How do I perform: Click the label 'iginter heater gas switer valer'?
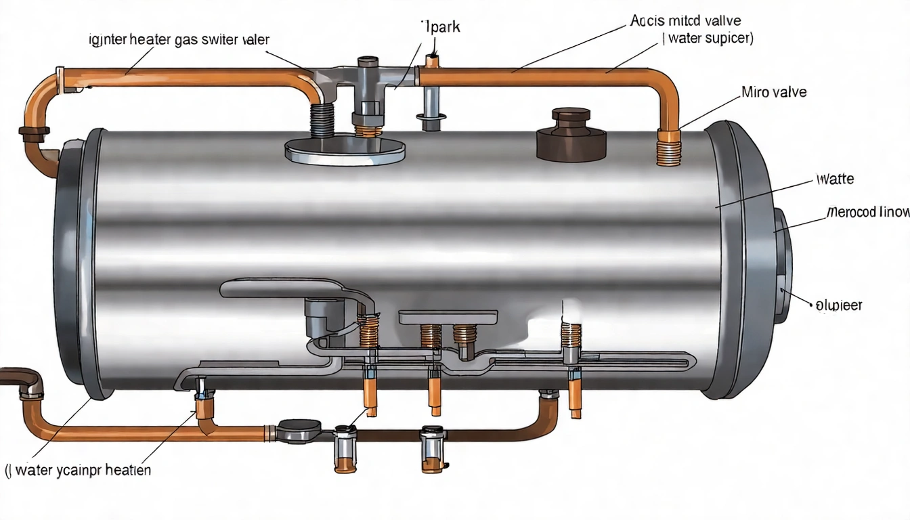179,40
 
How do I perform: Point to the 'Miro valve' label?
774,92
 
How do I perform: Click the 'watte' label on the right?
835,179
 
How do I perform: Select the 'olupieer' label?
839,305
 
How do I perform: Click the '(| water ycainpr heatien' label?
78,470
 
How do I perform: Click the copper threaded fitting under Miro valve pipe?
668,148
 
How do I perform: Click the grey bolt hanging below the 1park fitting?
431,109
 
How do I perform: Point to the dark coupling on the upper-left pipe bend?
31,131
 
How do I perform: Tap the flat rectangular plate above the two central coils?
448,317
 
